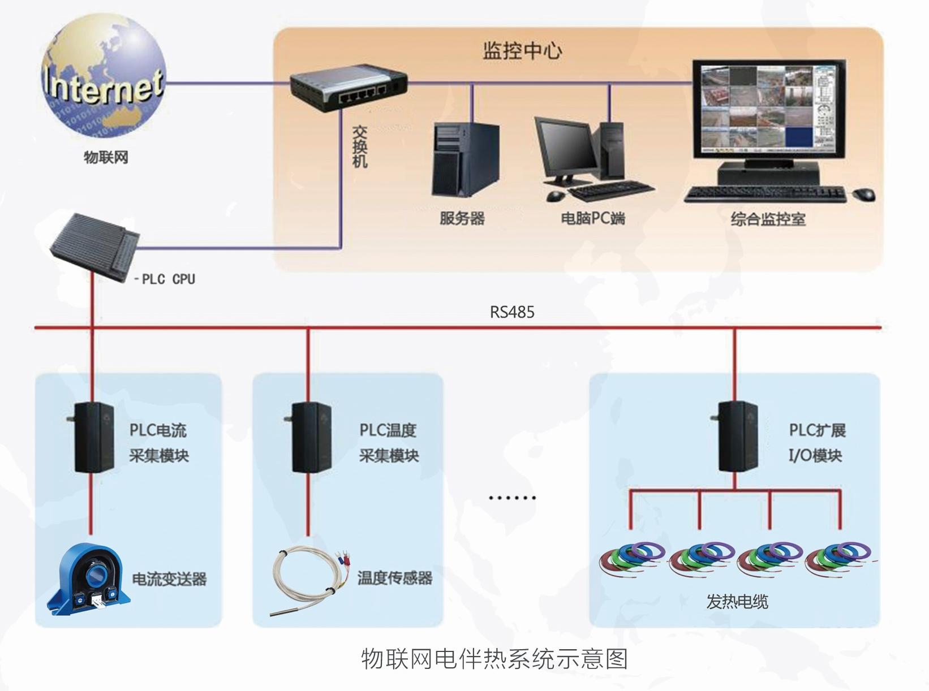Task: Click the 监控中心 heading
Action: [x=522, y=51]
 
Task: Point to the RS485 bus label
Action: [x=512, y=312]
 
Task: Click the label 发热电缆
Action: [x=737, y=602]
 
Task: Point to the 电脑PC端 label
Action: [x=592, y=218]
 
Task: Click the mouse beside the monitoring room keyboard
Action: [x=864, y=195]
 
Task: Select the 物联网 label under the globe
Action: [x=106, y=157]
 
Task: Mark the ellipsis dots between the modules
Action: [x=512, y=498]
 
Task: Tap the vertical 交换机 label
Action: [x=360, y=146]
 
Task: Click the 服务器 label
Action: [x=462, y=218]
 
